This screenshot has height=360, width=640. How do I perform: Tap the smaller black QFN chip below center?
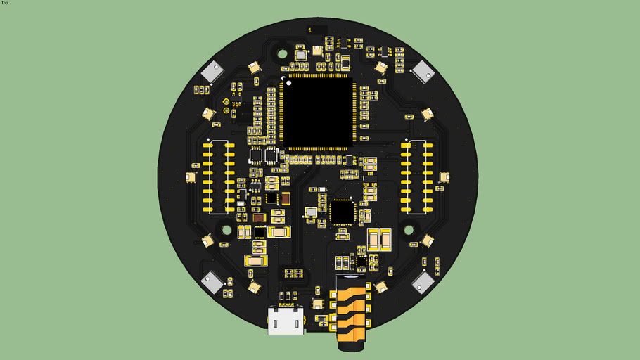point(343,211)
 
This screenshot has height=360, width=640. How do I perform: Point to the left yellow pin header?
point(218,176)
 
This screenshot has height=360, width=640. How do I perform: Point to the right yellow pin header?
point(416,176)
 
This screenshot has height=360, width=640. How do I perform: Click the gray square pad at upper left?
point(212,71)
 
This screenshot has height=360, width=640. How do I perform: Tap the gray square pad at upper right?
point(423,71)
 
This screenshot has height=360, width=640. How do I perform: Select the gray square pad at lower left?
point(212,282)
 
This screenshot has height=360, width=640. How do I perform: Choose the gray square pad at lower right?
point(423,282)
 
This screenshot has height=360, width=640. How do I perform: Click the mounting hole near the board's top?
point(282,53)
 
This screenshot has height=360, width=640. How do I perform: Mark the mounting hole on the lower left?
point(227,229)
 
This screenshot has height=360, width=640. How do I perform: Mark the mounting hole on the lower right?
point(408,229)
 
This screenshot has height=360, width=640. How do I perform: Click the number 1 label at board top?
point(310,30)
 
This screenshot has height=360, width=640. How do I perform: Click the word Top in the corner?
point(5,3)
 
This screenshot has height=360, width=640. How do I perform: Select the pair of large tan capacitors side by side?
point(378,240)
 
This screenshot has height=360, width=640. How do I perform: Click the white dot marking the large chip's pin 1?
point(283,77)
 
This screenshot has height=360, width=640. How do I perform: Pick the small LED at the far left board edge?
point(191,178)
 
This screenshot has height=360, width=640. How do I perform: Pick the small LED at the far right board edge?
point(444,177)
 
